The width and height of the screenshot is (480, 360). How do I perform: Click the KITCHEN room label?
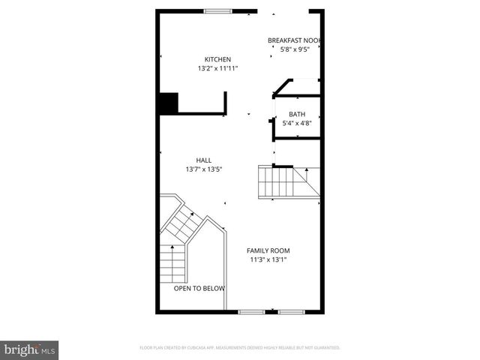coord(217,60)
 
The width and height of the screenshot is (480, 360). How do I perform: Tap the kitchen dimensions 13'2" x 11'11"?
coord(217,69)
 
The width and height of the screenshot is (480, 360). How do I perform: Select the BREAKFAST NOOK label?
coord(295,40)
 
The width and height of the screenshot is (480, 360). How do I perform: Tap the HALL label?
coord(203,160)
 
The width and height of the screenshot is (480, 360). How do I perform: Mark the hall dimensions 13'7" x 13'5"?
coord(203,169)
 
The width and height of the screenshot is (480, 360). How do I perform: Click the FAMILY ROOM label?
coord(268,250)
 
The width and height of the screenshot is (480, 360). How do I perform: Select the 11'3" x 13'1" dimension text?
coord(268,260)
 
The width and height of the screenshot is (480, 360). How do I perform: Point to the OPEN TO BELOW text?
coord(199,288)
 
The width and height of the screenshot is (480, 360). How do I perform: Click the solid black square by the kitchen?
coord(167,103)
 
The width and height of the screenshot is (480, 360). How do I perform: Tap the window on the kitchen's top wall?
coord(218,10)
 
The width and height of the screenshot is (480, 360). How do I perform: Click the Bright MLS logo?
coord(30,349)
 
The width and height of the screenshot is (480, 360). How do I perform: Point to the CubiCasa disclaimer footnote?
coord(240,348)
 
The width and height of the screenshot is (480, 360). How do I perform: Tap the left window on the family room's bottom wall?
coord(250,310)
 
